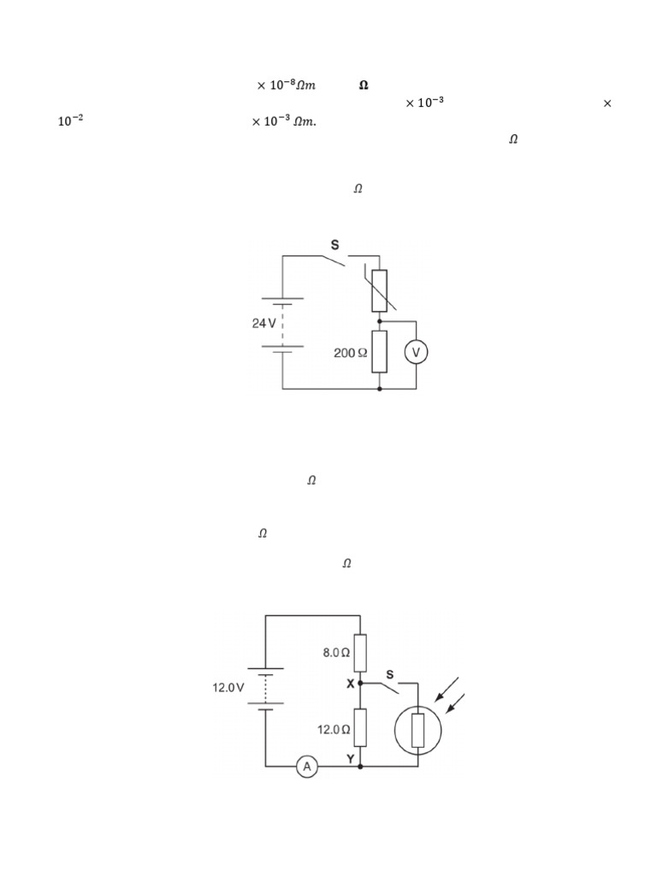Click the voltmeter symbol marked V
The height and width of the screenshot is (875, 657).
tap(416, 353)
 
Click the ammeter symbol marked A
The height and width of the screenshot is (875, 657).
tap(307, 766)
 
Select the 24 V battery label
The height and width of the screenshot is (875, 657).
tap(263, 323)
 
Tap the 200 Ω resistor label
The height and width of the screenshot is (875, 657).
tap(350, 353)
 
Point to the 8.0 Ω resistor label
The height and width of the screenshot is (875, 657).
tap(336, 652)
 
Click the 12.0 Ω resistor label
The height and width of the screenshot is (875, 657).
tap(334, 730)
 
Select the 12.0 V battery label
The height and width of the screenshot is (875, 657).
tap(228, 688)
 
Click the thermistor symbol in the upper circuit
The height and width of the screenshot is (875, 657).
tap(380, 291)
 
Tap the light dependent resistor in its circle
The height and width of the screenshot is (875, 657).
tap(417, 731)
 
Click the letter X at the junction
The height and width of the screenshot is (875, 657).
tap(350, 684)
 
